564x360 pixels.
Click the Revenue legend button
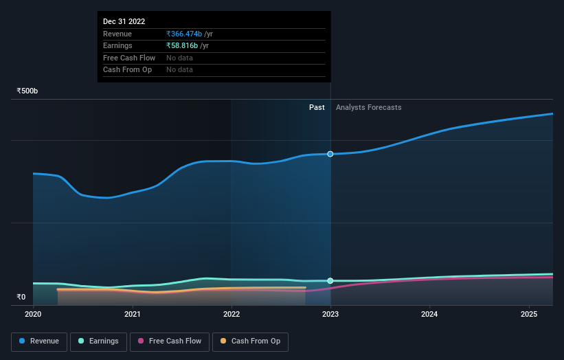point(39,341)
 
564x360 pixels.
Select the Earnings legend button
point(99,341)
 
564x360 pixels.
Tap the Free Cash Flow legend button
point(169,341)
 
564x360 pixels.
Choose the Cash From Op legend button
point(250,341)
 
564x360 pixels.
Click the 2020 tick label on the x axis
point(33,315)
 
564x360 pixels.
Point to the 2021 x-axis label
point(133,315)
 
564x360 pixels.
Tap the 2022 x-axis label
point(232,315)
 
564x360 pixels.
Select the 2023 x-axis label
point(330,315)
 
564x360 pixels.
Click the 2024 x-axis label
point(429,315)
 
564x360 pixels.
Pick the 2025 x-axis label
point(529,315)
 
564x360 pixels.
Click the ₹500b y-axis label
point(27,91)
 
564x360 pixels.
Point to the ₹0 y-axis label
point(21,297)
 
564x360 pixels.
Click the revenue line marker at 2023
point(330,154)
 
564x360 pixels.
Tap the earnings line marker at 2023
point(330,281)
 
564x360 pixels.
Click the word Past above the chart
point(317,107)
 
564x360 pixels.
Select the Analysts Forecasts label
point(368,107)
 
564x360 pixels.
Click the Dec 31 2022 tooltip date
point(124,22)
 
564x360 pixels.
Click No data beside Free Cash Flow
point(179,58)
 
